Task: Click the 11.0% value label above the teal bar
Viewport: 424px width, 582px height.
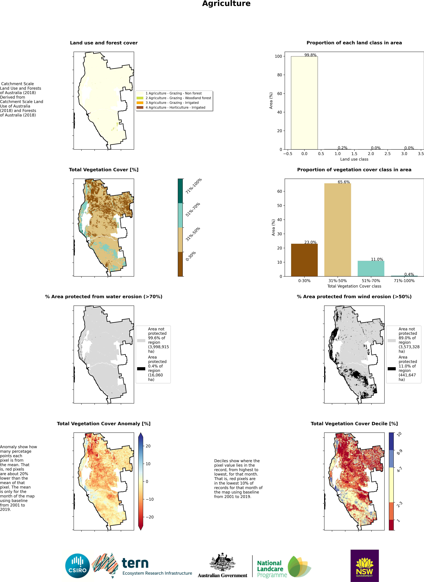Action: [377, 259]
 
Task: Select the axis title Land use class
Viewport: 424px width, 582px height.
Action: [354, 159]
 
